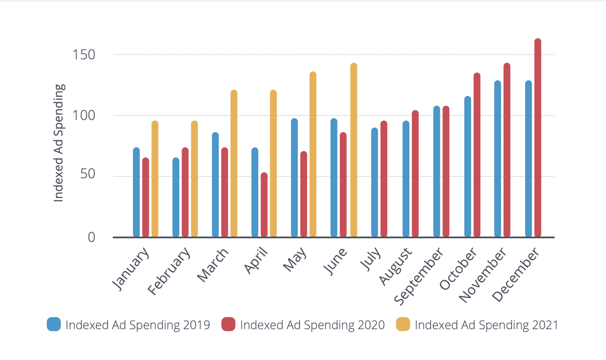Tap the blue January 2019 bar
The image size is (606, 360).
pos(136,192)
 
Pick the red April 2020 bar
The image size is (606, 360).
pos(264,205)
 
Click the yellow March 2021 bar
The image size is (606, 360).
pos(234,164)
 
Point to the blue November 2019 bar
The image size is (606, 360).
pos(498,159)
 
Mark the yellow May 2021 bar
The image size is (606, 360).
pos(313,155)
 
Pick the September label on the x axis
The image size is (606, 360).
pos(418,277)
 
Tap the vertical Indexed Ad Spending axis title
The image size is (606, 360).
pos(58,143)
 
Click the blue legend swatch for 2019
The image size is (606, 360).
pos(53,324)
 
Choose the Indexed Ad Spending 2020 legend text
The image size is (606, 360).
pos(312,325)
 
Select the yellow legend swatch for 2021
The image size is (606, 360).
pos(403,324)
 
